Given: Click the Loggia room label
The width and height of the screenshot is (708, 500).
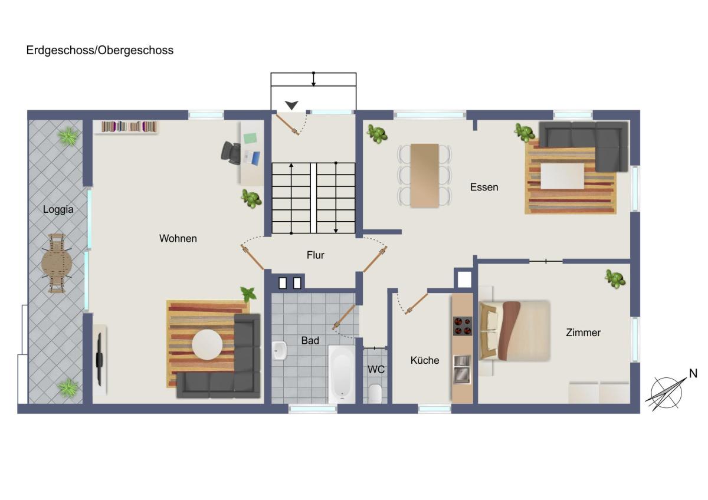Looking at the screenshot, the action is [58, 209].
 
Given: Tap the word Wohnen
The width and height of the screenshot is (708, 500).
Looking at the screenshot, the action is [178, 238].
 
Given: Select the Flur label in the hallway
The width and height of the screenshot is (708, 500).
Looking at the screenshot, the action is [316, 255].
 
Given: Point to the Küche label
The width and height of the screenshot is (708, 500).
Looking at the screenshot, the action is [425, 360].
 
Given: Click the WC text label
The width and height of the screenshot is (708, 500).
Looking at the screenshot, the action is [376, 369].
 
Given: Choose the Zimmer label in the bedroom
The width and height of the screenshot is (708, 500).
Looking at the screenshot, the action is [583, 333].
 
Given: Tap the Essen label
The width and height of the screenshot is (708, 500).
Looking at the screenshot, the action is [484, 187].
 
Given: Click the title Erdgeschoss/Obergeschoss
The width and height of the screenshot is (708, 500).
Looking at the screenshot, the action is [100, 51].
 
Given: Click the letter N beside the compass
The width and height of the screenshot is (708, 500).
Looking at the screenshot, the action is [693, 373].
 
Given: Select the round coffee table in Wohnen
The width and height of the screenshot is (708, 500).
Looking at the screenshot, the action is [207, 344].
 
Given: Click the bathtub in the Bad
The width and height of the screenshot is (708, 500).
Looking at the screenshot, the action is [342, 374].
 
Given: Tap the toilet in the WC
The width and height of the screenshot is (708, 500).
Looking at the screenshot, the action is [375, 393].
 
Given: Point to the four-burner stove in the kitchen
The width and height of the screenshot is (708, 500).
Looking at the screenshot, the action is [463, 325].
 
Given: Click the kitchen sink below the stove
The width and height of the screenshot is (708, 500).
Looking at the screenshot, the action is [462, 369].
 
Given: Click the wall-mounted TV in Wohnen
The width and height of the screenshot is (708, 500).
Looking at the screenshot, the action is [100, 360].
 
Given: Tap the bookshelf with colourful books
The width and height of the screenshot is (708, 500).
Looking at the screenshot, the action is [129, 127].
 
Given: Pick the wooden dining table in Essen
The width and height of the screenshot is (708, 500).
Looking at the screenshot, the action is [424, 176].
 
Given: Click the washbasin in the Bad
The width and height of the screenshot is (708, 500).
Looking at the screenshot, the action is [279, 350].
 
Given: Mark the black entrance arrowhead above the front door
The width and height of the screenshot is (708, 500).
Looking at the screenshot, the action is [291, 105].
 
